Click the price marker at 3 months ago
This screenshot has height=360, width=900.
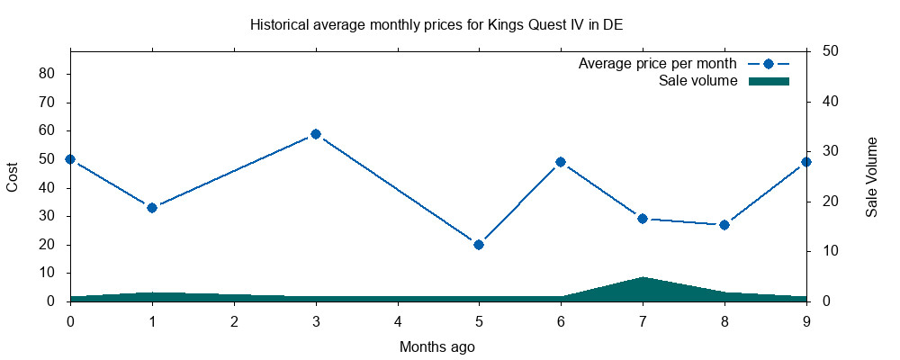point(316,134)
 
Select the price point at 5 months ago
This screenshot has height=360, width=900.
point(479,244)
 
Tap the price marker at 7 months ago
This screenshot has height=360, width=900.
point(643,219)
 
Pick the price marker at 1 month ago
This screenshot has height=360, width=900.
point(152,208)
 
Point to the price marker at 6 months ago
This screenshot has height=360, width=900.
point(561,162)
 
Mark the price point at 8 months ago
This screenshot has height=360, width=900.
point(724,224)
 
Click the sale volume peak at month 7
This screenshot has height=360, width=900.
point(643,277)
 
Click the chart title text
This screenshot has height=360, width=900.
point(436,24)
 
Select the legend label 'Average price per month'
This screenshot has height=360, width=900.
point(658,64)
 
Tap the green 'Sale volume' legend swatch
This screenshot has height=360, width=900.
point(769,81)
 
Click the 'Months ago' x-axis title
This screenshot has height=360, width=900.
point(437,346)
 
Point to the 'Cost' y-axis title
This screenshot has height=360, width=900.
point(13,176)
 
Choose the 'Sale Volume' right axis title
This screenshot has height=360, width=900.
point(871,176)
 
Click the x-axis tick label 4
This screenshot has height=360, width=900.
point(398,320)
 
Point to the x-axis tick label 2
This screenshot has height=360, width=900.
point(234,320)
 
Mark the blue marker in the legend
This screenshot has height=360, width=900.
point(769,64)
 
